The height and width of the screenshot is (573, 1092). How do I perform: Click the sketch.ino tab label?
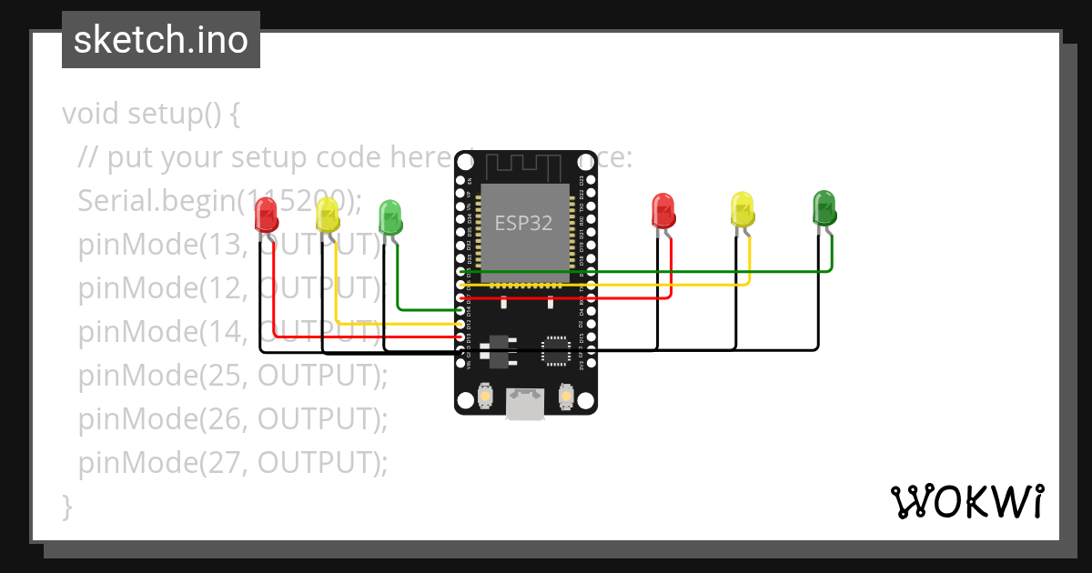[x=160, y=40]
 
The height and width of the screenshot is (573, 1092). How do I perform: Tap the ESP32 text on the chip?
[x=523, y=223]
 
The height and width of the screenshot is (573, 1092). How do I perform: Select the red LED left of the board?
[x=266, y=216]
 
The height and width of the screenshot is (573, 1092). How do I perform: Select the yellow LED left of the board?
[x=327, y=216]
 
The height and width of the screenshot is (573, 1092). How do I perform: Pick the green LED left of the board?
[x=390, y=217]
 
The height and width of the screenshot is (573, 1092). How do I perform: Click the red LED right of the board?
[x=663, y=210]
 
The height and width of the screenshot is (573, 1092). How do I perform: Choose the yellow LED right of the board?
[x=743, y=209]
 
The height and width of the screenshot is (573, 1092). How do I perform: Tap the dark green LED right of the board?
[x=824, y=207]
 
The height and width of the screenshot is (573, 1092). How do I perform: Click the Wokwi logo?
[x=966, y=501]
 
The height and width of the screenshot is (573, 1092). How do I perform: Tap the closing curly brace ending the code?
[x=66, y=506]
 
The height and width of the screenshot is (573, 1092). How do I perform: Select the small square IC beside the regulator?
[x=554, y=351]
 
